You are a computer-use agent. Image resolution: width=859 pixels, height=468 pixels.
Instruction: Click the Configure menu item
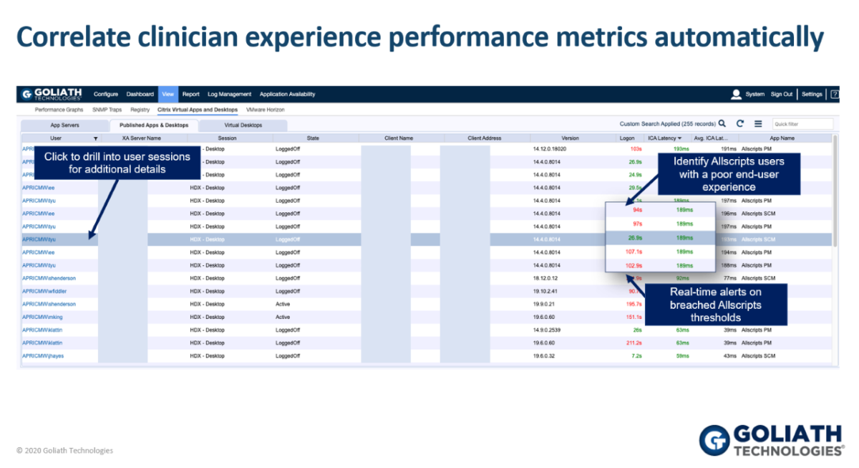[105, 94]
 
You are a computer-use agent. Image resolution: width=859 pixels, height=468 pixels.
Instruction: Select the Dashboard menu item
[140, 94]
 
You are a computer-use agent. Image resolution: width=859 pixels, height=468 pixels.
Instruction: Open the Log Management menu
[229, 94]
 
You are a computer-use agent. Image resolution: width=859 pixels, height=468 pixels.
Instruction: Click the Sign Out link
[781, 94]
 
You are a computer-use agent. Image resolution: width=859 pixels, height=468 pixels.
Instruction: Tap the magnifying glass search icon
[722, 123]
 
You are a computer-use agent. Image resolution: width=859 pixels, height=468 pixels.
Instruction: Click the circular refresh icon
[740, 123]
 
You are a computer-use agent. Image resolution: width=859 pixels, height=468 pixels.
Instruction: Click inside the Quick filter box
[802, 124]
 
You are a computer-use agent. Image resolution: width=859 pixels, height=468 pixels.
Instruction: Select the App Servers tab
[65, 125]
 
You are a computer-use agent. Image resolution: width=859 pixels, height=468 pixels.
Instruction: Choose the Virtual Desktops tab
[243, 125]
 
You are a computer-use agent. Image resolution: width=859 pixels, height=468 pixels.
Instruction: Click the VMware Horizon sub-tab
[265, 110]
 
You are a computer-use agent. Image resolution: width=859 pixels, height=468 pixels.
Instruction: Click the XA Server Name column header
[141, 138]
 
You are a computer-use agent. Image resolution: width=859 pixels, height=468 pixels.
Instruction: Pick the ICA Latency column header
[664, 138]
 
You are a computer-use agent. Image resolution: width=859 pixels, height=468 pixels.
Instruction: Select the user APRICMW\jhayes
[43, 355]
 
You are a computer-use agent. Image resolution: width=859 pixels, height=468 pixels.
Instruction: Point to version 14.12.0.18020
[549, 149]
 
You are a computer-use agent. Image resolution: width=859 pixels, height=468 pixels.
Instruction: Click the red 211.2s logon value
[634, 343]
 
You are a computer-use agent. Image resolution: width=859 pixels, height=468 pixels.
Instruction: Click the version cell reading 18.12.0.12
[545, 278]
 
